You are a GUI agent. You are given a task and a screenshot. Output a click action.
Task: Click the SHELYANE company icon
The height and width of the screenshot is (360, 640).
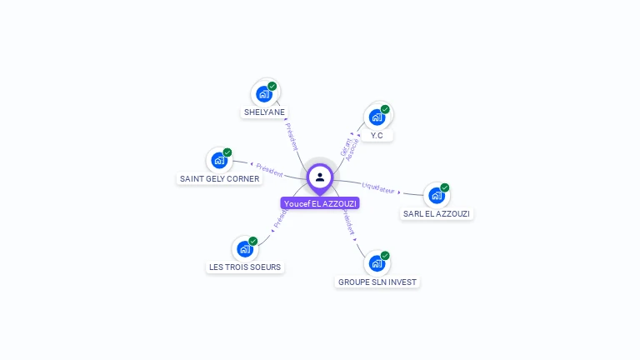264,93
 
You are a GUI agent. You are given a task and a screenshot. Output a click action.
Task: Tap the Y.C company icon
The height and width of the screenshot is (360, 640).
377,117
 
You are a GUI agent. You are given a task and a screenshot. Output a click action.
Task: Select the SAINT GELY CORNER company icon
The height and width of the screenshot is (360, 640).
219,160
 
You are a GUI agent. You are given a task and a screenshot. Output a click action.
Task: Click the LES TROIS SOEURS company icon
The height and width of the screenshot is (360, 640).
244,248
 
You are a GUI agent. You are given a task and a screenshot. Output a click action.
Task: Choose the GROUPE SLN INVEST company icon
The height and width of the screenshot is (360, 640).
377,263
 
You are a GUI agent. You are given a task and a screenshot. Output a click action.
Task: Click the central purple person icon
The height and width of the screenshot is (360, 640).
320,177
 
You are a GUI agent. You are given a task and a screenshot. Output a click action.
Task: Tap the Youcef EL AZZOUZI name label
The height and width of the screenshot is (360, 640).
320,203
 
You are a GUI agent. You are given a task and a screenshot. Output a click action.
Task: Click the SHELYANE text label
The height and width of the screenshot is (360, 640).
264,112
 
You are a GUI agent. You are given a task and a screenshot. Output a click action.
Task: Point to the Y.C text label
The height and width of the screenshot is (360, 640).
377,135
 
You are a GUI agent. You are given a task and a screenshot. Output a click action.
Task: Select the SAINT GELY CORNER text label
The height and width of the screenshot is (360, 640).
219,179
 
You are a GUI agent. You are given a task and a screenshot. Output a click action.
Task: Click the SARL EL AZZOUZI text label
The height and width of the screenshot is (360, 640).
437,214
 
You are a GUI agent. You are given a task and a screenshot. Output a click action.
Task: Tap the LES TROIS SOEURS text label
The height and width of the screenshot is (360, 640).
245,267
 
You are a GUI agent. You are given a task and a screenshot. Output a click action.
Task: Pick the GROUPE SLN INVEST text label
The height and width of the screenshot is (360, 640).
377,282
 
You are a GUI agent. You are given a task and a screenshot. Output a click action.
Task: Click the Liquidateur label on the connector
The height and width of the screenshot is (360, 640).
378,189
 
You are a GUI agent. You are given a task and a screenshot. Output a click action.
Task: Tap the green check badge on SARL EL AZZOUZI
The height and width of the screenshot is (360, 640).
445,187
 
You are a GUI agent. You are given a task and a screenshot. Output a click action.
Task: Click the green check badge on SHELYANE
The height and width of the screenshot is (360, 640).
272,86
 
